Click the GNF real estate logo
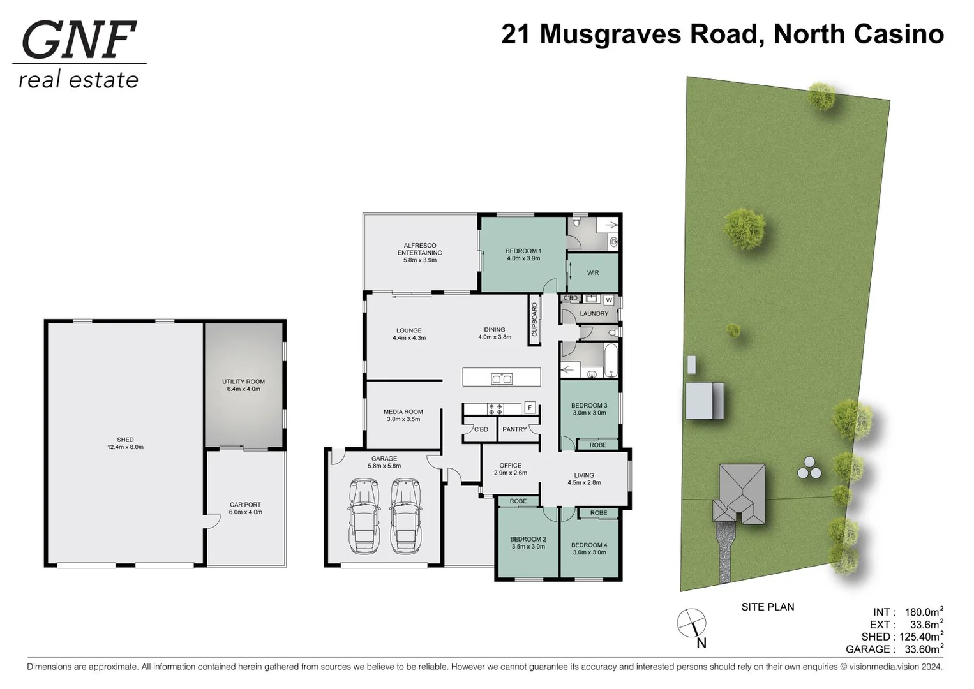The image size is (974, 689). click(x=79, y=55)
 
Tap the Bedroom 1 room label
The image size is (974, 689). click(x=523, y=251)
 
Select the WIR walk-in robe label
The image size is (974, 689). click(x=593, y=273)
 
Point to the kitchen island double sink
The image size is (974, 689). click(x=502, y=378)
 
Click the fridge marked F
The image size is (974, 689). click(x=529, y=407)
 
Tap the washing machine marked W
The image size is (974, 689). click(x=609, y=300)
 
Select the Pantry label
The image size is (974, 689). click(x=514, y=429)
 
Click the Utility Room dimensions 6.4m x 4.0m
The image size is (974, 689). click(x=244, y=389)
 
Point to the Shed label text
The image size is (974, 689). click(x=125, y=440)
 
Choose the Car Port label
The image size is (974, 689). click(x=246, y=505)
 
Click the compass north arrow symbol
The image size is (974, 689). click(x=691, y=623)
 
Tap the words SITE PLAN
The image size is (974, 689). click(x=768, y=607)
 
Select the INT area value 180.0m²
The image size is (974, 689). click(x=924, y=612)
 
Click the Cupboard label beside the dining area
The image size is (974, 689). click(x=535, y=319)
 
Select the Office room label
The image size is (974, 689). click(x=511, y=465)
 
